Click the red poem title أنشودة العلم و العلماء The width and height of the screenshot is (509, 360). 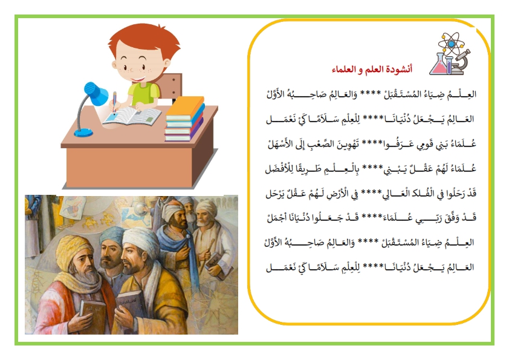(x=372, y=69)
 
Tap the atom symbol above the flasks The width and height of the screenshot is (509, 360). (x=451, y=44)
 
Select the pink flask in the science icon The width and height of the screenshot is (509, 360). (x=439, y=64)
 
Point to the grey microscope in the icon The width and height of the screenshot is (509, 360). (x=460, y=63)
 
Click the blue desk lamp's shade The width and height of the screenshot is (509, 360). (x=96, y=93)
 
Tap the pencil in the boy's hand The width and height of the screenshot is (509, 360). (x=115, y=102)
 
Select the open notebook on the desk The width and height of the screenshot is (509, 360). (x=132, y=116)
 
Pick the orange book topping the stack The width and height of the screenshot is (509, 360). (x=185, y=107)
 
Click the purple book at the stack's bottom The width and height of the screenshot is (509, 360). (x=184, y=133)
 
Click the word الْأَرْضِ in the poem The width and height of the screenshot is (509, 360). (x=338, y=194)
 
